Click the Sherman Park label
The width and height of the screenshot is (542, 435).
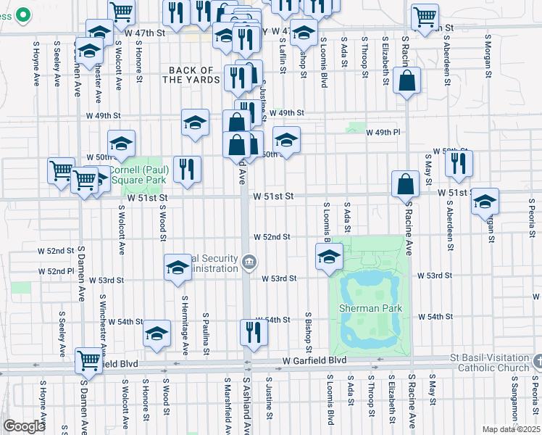point(370,307)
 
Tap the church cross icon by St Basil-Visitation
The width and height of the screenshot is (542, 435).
point(537,360)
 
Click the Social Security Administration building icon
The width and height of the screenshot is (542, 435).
point(249,261)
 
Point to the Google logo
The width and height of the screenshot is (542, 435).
point(24,426)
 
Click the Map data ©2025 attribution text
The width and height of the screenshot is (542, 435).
point(512,429)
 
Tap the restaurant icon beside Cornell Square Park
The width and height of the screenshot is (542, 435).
point(187,170)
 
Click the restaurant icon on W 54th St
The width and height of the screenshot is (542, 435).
point(254,332)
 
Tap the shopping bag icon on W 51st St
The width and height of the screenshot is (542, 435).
point(406,184)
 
